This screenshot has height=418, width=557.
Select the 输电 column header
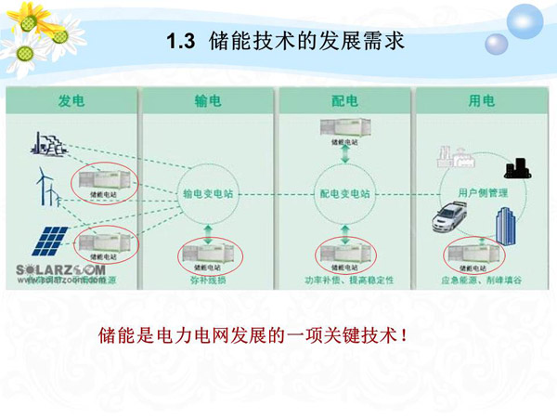click(x=208, y=100)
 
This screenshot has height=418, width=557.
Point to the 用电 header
click(x=481, y=100)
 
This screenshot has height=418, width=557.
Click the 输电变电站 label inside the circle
click(x=208, y=195)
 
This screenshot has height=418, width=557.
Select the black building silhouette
click(x=516, y=168)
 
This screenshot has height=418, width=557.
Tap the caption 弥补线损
click(x=209, y=280)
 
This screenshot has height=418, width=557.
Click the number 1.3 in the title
click(x=177, y=41)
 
